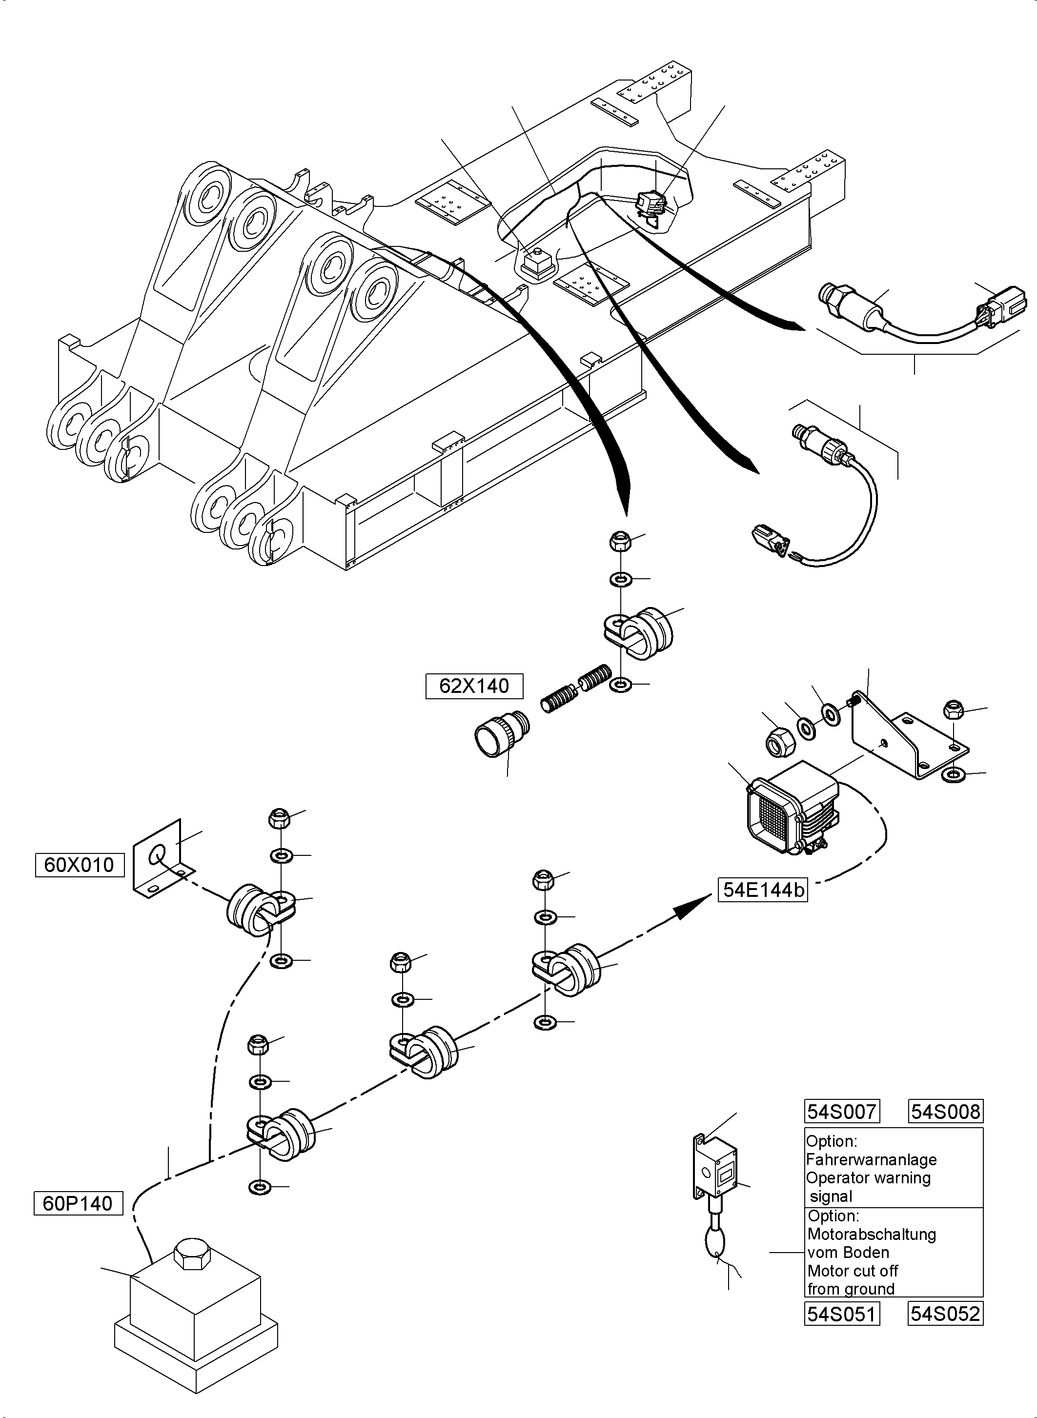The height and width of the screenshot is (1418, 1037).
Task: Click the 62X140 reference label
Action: [474, 686]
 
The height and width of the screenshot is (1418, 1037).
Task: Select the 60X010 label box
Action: [79, 865]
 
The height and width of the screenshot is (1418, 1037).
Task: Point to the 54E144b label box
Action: [763, 890]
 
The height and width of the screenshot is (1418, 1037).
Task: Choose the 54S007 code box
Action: [842, 1112]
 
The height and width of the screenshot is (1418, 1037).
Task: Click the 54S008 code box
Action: [945, 1112]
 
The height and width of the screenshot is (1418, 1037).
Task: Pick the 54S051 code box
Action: [842, 1313]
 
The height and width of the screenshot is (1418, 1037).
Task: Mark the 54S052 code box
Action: [945, 1313]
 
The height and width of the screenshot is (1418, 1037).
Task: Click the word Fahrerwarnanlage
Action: [871, 1159]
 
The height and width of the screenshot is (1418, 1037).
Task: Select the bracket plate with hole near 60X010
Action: [161, 857]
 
